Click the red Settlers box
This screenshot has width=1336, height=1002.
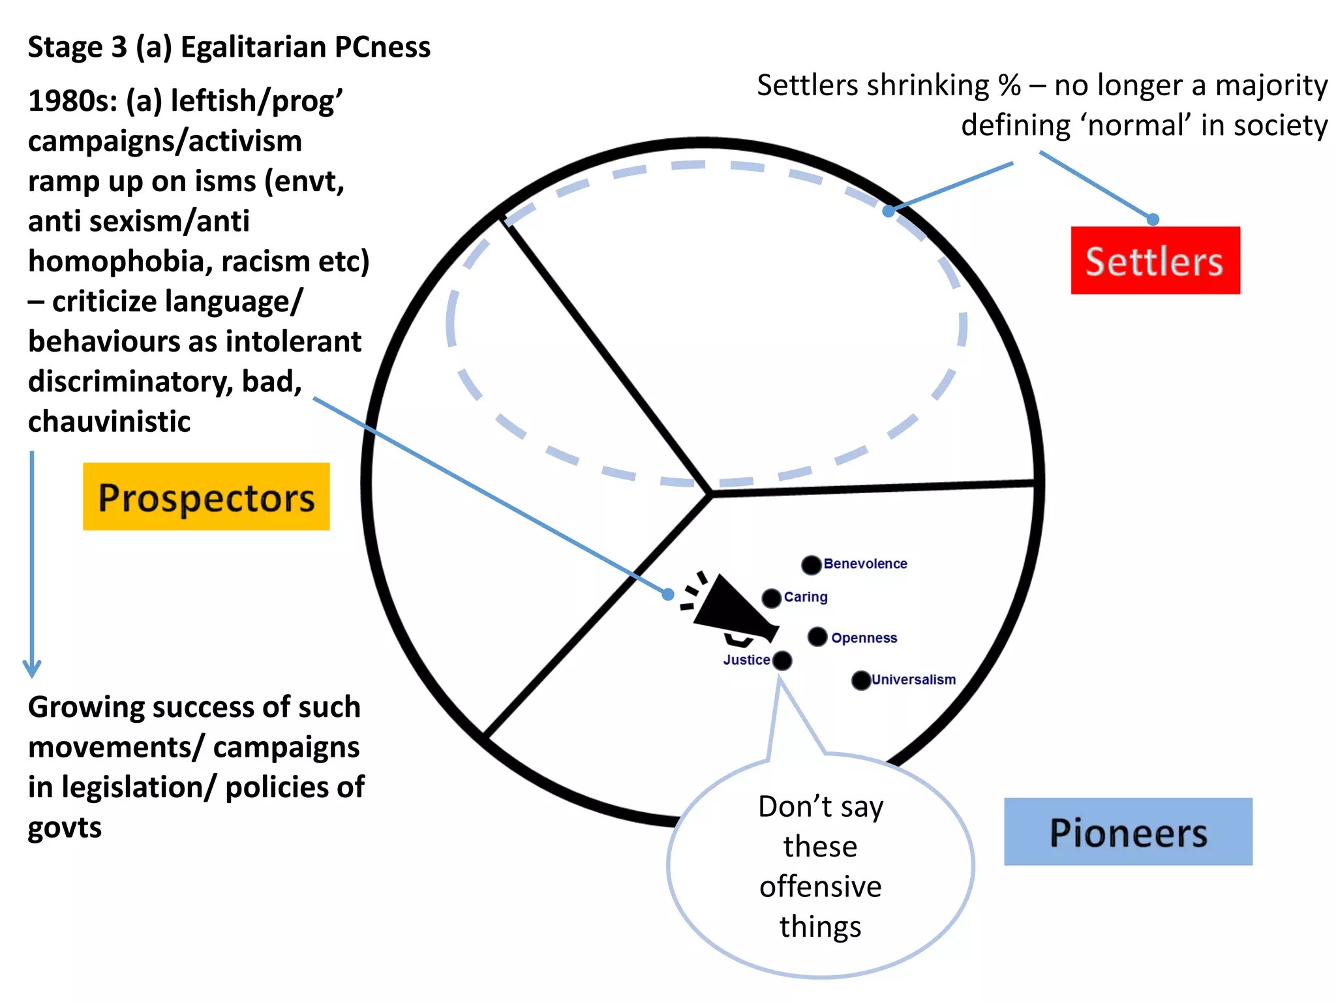click(1155, 260)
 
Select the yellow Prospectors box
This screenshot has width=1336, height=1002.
click(206, 496)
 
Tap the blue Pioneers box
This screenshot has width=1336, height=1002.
click(1128, 832)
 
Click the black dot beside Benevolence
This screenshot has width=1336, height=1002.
click(811, 565)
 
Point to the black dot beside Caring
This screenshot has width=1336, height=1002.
click(772, 598)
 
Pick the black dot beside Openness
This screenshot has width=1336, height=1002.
click(817, 637)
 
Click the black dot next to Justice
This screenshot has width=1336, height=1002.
click(782, 661)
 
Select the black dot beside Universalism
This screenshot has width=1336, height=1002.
click(861, 680)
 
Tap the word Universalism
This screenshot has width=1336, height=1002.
click(913, 680)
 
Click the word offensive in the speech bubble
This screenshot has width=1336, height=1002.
click(820, 887)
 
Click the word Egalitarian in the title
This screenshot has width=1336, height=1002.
click(253, 47)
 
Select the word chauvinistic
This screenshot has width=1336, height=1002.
click(109, 421)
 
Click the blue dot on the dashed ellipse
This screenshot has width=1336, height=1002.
click(888, 211)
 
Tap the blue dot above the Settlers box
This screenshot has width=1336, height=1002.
click(1153, 220)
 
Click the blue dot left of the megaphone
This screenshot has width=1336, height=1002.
click(668, 594)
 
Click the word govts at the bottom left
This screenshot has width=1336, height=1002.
click(65, 828)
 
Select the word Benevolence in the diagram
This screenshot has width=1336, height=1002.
click(865, 564)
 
